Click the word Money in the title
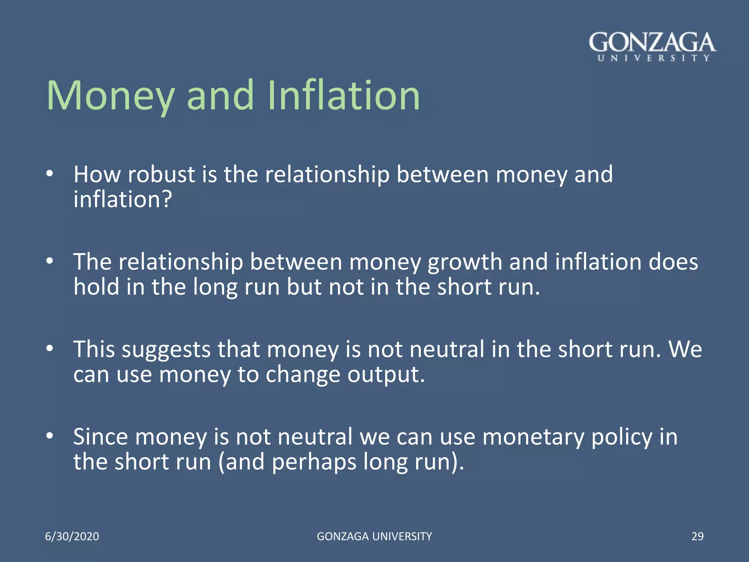[x=110, y=96]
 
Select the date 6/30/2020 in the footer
[x=72, y=536]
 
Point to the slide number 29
[x=697, y=536]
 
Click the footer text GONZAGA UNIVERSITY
[x=374, y=536]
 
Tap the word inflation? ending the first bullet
[x=123, y=200]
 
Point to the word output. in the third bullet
[x=386, y=375]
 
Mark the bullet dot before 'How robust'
[x=50, y=174]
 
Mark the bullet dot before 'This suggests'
[x=50, y=349]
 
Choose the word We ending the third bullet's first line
[x=685, y=349]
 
